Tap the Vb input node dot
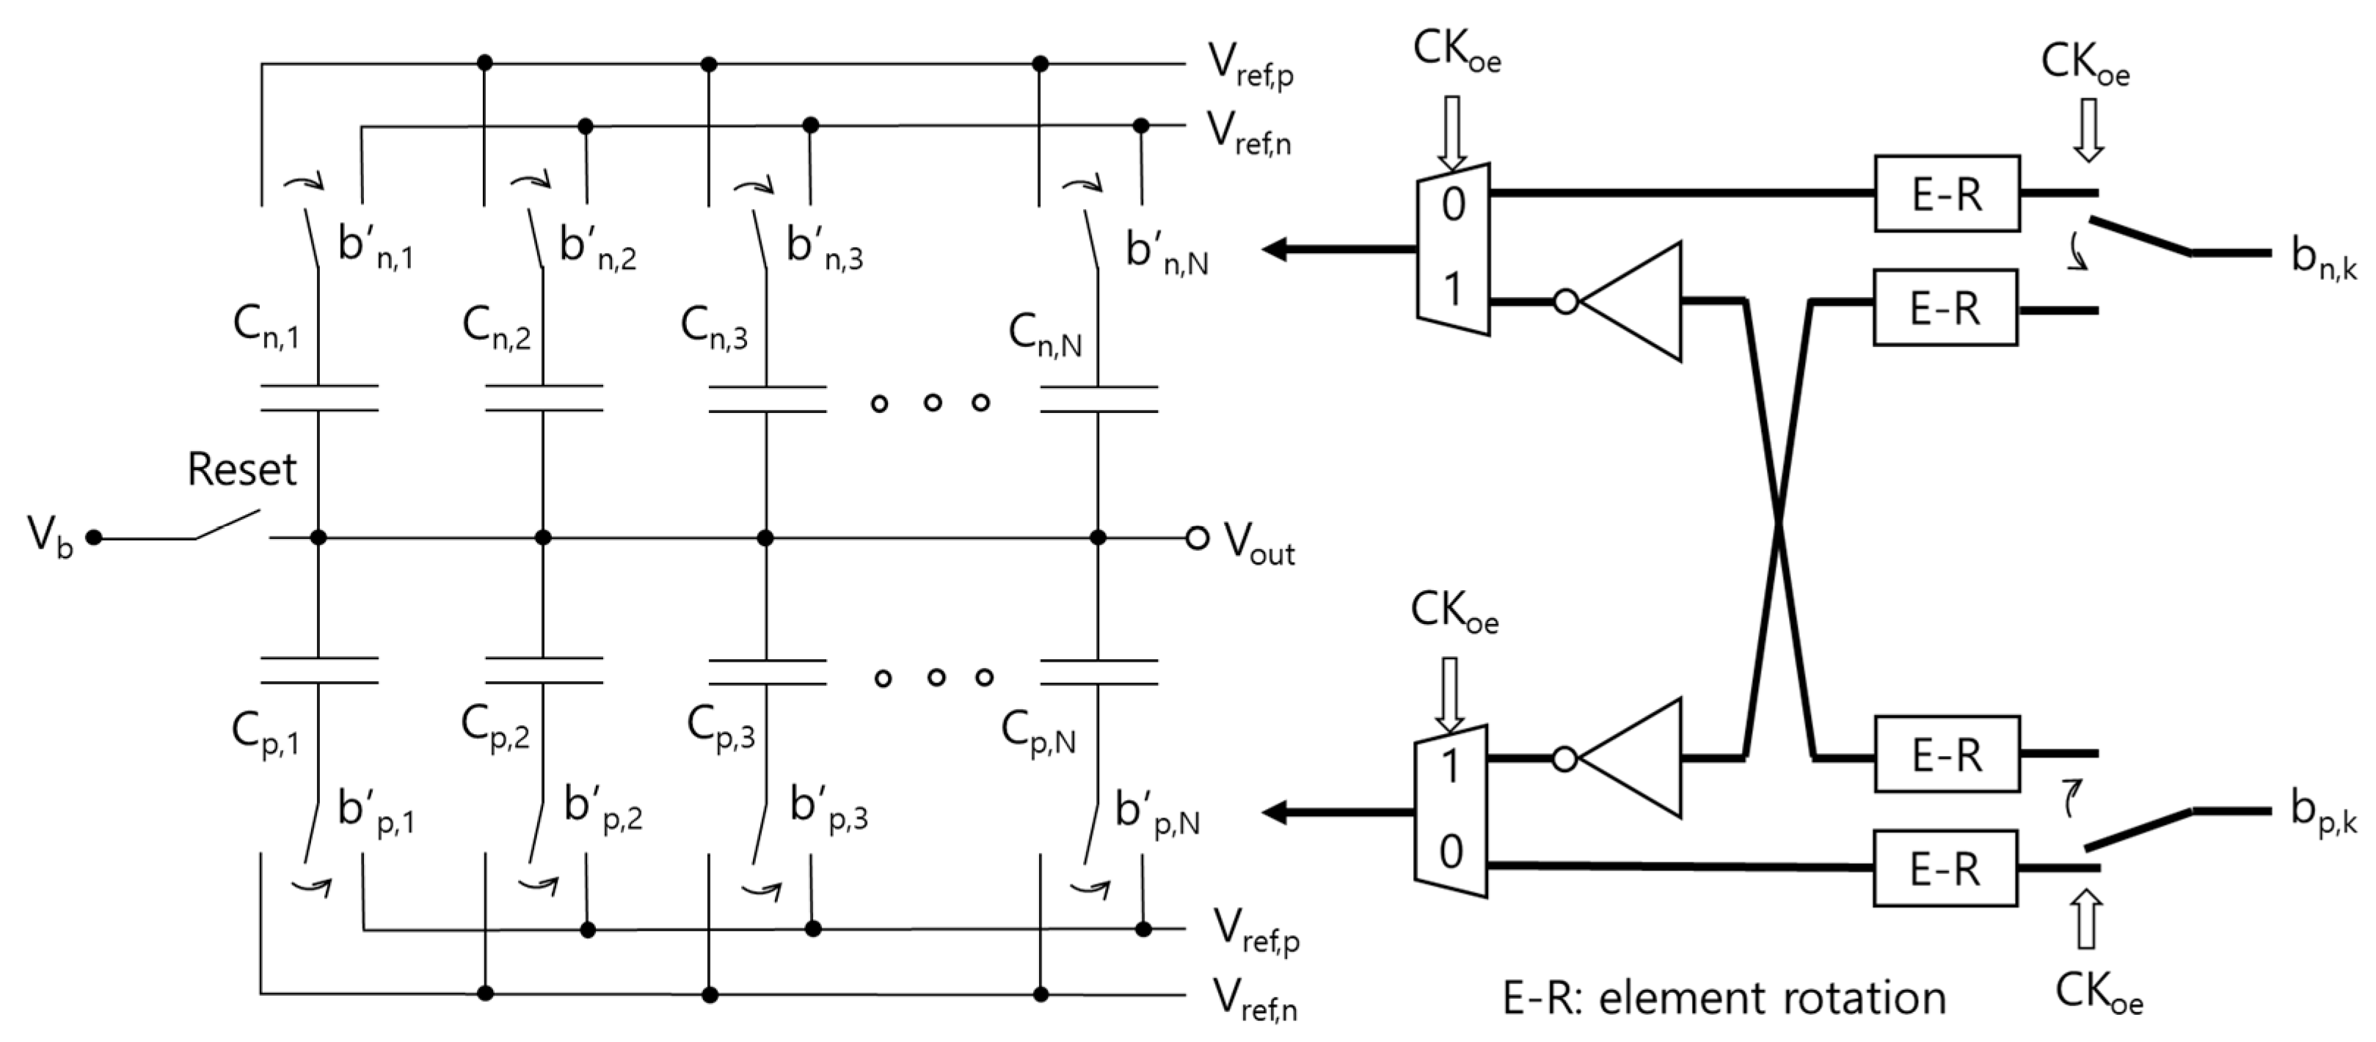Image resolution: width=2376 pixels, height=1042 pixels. click(92, 537)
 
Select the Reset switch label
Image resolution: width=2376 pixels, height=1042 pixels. click(241, 469)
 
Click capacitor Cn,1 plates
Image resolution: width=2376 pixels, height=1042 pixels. click(318, 397)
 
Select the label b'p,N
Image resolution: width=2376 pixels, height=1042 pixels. click(1156, 812)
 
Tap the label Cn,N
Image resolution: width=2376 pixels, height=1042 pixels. click(1044, 333)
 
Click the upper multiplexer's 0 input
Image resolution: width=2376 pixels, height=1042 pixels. click(1454, 203)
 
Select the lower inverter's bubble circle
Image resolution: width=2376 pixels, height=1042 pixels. click(1564, 759)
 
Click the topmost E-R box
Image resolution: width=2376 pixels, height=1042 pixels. click(1946, 194)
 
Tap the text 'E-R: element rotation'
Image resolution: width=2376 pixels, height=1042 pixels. click(1724, 998)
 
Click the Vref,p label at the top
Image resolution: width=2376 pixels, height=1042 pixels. click(1250, 65)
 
